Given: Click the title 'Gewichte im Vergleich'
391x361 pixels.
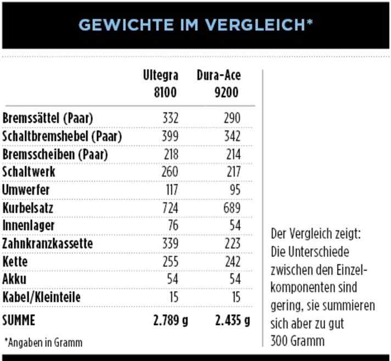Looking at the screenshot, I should (x=195, y=25).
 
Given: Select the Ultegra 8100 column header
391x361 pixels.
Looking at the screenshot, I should (x=160, y=83).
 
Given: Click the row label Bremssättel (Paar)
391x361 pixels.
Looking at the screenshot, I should (x=48, y=119).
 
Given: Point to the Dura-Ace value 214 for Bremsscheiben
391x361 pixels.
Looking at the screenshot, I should (x=233, y=154).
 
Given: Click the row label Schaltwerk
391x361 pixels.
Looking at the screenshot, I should (x=29, y=172).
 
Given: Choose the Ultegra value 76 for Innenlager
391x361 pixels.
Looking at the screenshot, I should (x=174, y=226).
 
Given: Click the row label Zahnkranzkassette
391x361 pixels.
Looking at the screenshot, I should (x=48, y=244).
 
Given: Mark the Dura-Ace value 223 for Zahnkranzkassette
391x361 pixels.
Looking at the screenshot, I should (x=232, y=244).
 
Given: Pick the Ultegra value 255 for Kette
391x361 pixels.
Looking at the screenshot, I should (x=170, y=262).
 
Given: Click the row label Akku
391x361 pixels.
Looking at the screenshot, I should (x=15, y=279).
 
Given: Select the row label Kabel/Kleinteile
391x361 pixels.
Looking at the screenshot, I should (x=41, y=297).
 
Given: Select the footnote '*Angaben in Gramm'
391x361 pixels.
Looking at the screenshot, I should (x=43, y=343).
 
